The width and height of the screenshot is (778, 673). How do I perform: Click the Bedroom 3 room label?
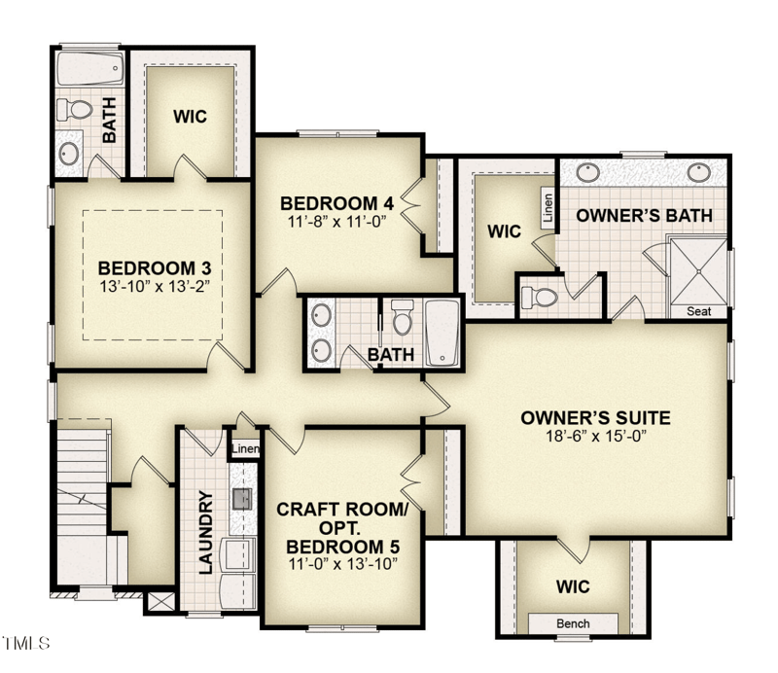click(155, 267)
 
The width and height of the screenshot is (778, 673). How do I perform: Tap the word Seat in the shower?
click(698, 311)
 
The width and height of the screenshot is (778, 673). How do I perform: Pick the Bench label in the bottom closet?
click(573, 623)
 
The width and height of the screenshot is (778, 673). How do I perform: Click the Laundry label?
click(206, 533)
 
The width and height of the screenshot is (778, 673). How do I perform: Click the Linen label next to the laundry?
click(246, 449)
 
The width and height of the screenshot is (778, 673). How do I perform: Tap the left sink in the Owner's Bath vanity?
click(587, 173)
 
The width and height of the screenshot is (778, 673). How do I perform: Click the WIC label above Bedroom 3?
click(190, 116)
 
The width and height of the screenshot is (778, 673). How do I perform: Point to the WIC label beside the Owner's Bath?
click(505, 231)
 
